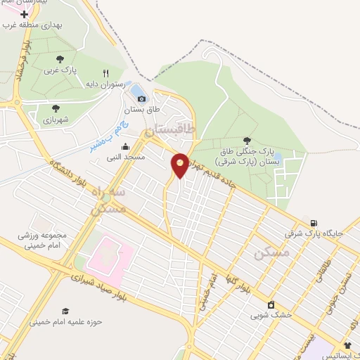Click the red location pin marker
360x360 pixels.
click(x=180, y=165)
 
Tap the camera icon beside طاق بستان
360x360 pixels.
click(x=141, y=98)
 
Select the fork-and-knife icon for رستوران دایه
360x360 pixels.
click(x=106, y=72)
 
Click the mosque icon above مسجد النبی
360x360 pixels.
click(x=125, y=146)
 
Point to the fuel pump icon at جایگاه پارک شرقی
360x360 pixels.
click(x=313, y=222)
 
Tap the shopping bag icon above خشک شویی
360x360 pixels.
click(x=271, y=304)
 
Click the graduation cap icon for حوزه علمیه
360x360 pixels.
click(x=65, y=311)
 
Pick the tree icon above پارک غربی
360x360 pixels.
click(x=60, y=60)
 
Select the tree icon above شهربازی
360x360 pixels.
click(x=56, y=108)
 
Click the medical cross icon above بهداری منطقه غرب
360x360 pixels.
click(x=25, y=14)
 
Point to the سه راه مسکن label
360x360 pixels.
click(x=109, y=200)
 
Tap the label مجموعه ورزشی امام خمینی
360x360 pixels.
click(x=42, y=240)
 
